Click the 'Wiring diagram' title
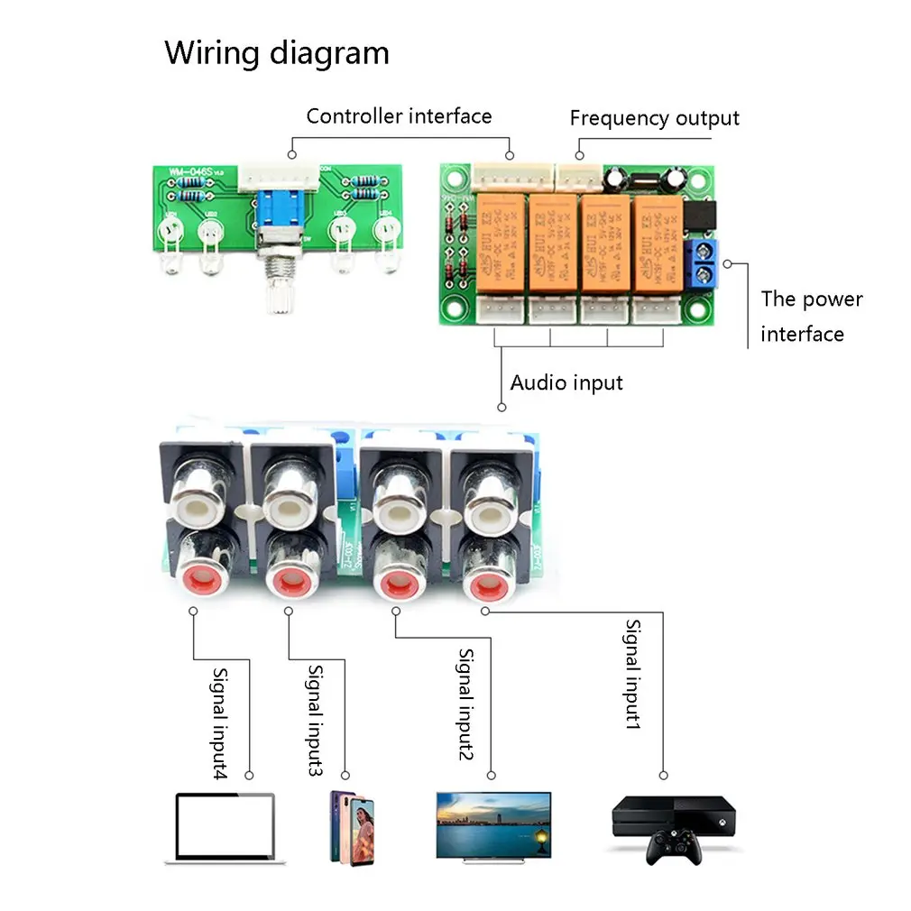click(276, 53)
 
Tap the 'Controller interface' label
click(399, 116)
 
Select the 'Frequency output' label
click(654, 118)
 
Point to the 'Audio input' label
click(566, 382)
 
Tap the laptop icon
click(225, 827)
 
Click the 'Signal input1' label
click(634, 674)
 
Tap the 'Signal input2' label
click(465, 704)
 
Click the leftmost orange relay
click(501, 241)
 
